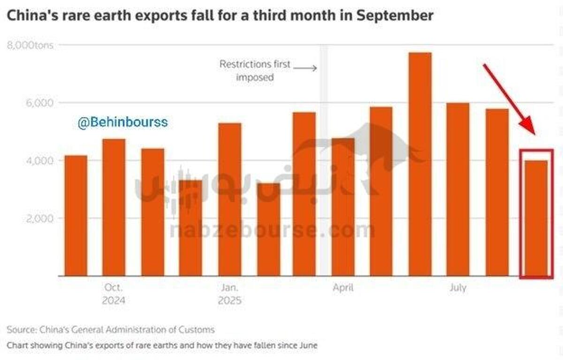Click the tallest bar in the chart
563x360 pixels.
pyautogui.click(x=420, y=164)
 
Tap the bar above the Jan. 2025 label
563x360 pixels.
pyautogui.click(x=229, y=199)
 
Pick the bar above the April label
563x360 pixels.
pyautogui.click(x=343, y=207)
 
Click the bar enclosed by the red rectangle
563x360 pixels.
pyautogui.click(x=536, y=218)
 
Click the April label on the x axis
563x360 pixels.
pyautogui.click(x=343, y=288)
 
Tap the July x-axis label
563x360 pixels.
pyautogui.click(x=457, y=288)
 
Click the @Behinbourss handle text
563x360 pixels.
pyautogui.click(x=122, y=123)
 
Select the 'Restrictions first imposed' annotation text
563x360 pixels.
pyautogui.click(x=255, y=70)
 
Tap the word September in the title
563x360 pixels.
pyautogui.click(x=395, y=15)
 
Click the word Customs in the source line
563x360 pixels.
pyautogui.click(x=196, y=329)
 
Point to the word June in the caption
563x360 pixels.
pyautogui.click(x=308, y=345)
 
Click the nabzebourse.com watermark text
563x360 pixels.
pyautogui.click(x=272, y=230)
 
